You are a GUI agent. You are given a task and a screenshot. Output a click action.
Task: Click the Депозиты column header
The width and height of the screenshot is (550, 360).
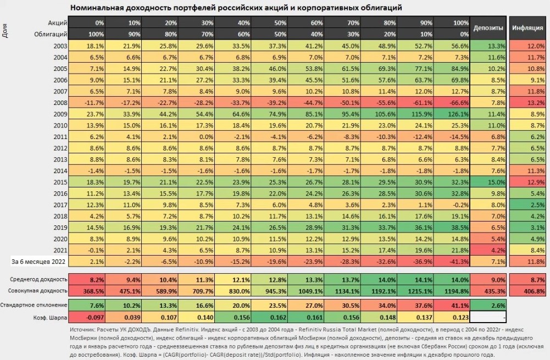point(487,27)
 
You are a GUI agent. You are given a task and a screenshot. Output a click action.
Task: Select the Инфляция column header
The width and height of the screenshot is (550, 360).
point(529,27)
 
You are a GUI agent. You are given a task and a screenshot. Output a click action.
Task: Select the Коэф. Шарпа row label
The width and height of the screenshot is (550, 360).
point(50,318)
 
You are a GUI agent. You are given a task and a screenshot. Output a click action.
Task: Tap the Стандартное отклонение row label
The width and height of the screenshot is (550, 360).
point(34,304)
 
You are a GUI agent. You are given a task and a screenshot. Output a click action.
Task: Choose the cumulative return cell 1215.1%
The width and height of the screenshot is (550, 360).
point(416,290)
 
